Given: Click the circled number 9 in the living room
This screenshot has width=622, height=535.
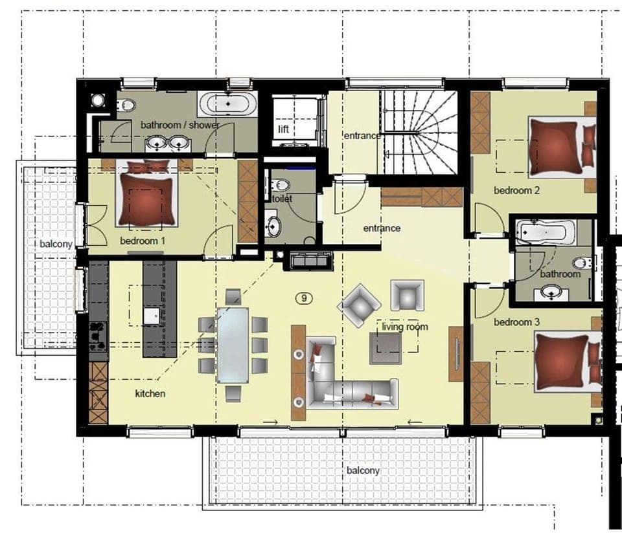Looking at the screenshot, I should tap(305, 298).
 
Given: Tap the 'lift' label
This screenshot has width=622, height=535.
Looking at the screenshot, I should tap(283, 129).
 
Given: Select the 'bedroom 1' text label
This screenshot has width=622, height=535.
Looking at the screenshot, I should tap(143, 241).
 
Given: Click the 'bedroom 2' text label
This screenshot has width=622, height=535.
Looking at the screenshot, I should tap(516, 191).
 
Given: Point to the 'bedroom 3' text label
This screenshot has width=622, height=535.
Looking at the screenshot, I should tap(516, 322).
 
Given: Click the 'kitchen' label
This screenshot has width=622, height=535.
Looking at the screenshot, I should tap(150, 393).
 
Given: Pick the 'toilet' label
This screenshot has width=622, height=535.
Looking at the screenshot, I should tap(282, 199).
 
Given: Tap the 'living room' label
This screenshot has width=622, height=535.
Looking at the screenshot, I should tap(405, 327).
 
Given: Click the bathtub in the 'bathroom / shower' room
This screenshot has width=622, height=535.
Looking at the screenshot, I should tap(227, 104).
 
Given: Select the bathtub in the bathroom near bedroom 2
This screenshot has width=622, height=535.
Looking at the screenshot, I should tap(546, 232).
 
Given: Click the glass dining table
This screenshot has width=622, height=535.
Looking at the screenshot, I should tap(233, 344).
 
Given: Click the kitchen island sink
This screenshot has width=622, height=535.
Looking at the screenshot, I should tap(152, 316).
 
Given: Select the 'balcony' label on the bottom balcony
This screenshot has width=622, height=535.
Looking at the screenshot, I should tap(363, 470).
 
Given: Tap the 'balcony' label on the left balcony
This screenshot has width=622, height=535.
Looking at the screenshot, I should tap(56, 245).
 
